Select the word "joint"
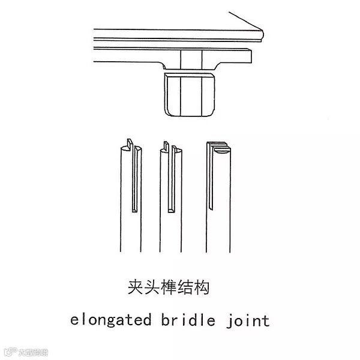coord(248,320)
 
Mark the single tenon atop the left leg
coord(130,146)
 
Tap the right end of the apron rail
coord(247,55)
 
